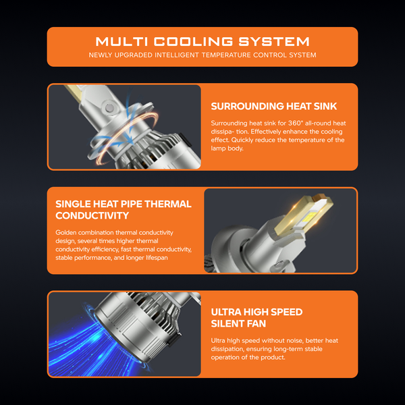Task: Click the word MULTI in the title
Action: click(122, 42)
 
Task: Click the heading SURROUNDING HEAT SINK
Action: click(274, 106)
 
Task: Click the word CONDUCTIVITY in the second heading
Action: click(92, 216)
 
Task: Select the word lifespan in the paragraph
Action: click(157, 258)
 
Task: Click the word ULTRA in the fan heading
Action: click(226, 312)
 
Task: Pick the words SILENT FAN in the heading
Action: click(238, 323)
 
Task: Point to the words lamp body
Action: click(227, 148)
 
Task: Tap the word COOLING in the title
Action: click(193, 42)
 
